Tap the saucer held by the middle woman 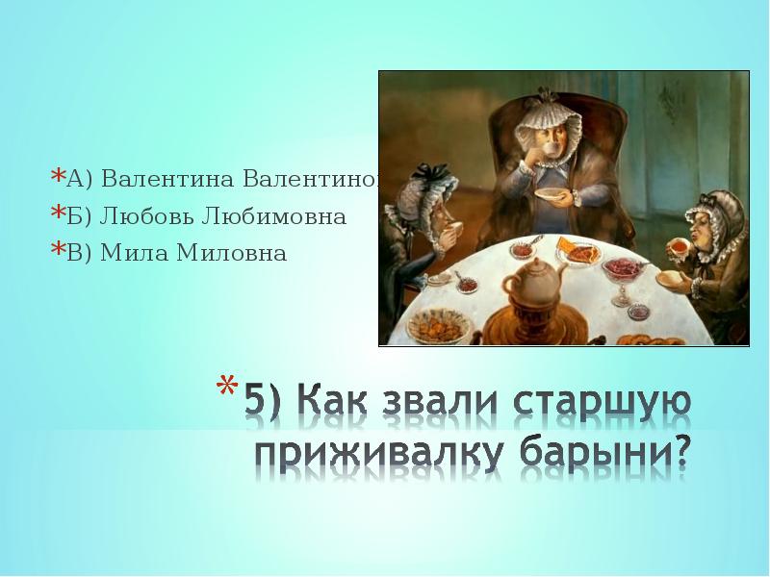tap(552, 196)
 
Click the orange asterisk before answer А tap(58, 178)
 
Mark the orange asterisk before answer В tap(58, 252)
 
